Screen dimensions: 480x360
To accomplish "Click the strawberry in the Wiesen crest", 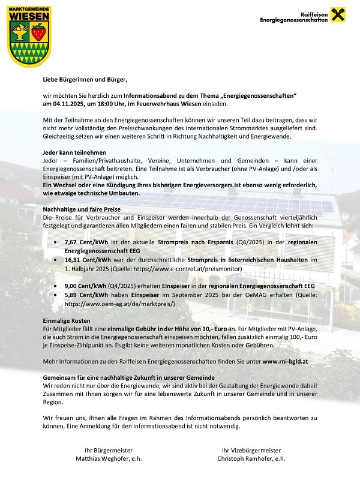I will pos(38,32).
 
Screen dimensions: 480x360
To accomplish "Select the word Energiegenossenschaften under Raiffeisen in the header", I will pos(293,20).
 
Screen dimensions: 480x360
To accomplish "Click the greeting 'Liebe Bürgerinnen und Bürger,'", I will pos(85,79).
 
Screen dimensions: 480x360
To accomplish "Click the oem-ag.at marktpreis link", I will pos(120,304).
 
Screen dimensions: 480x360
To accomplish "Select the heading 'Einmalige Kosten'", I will pos(67,322).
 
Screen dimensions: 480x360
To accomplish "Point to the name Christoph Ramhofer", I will pos(251,458).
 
